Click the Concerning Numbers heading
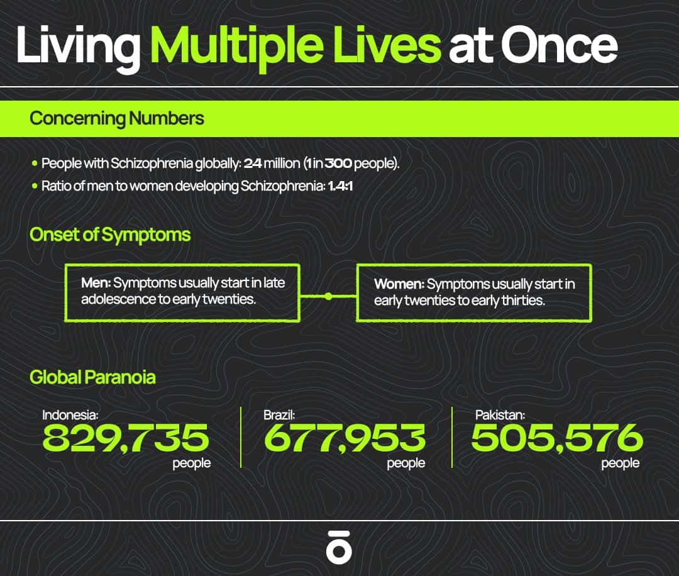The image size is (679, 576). (x=117, y=118)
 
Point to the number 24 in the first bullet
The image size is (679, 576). (x=253, y=163)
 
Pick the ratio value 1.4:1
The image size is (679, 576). (x=340, y=186)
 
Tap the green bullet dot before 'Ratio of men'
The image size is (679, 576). (x=35, y=186)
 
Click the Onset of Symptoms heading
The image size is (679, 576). (x=110, y=235)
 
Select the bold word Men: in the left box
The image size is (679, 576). (x=96, y=283)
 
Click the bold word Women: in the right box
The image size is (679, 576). (x=399, y=284)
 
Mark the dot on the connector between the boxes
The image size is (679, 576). (x=328, y=296)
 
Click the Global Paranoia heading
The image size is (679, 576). (x=92, y=377)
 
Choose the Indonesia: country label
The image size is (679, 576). (x=70, y=415)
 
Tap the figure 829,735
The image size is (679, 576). (x=126, y=438)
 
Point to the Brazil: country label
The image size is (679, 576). (x=279, y=415)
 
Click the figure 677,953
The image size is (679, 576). (x=345, y=438)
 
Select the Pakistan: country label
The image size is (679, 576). (x=500, y=415)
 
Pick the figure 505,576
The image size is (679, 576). (x=557, y=438)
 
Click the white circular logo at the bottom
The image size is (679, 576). (x=339, y=547)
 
